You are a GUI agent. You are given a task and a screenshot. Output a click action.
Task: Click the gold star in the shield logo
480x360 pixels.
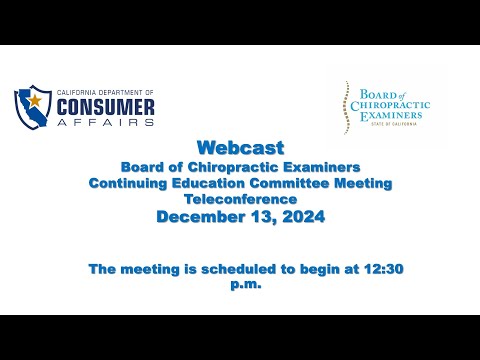click(x=35, y=100)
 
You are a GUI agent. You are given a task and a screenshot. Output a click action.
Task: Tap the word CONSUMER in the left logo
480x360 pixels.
click(x=106, y=107)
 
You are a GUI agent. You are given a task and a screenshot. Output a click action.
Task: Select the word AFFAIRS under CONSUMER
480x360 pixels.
click(x=106, y=122)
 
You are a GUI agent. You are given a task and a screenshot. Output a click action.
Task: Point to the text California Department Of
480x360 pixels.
click(x=105, y=92)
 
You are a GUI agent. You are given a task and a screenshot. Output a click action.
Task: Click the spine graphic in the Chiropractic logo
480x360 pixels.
click(x=347, y=107)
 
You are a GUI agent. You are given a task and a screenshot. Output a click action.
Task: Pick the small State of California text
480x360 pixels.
click(x=394, y=124)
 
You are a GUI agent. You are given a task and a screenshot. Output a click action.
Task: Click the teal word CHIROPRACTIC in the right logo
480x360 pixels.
click(x=390, y=106)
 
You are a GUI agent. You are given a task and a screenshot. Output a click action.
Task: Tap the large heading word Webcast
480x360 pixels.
click(x=240, y=148)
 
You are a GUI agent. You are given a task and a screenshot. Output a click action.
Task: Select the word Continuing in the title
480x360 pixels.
click(x=128, y=184)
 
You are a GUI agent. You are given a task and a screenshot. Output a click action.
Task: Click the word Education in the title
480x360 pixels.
click(x=208, y=183)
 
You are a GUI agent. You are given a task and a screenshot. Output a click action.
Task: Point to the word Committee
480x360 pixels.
click(x=290, y=183)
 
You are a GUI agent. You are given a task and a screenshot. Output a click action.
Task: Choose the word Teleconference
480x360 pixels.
click(x=240, y=199)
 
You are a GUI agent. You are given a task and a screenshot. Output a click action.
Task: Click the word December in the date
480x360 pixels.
click(x=201, y=217)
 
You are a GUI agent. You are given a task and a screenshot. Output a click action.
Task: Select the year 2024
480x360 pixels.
click(x=304, y=217)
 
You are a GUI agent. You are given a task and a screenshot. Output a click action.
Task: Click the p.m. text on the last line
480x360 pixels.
click(x=246, y=285)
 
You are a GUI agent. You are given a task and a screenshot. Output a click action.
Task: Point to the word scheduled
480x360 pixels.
click(x=238, y=269)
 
